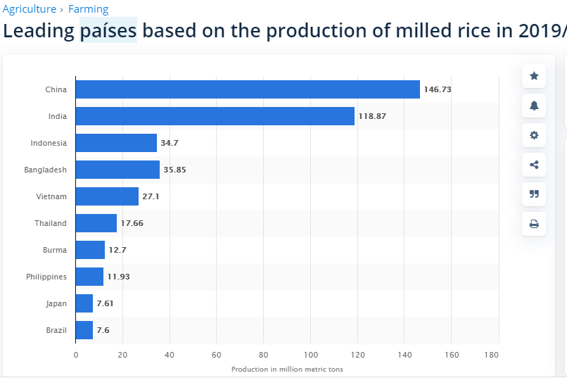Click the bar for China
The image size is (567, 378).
tap(248, 89)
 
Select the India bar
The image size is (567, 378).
tap(215, 116)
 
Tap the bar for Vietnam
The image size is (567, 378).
tap(107, 196)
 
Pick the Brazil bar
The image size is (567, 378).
tap(84, 330)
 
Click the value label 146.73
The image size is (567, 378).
tap(438, 89)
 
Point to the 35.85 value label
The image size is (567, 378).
tap(174, 170)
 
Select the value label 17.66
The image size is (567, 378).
tap(132, 223)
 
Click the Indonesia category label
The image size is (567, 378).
tap(49, 143)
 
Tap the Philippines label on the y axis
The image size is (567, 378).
tap(46, 277)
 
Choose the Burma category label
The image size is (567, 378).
tap(55, 250)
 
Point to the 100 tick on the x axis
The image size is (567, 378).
tap(311, 355)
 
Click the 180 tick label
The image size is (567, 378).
tap(492, 355)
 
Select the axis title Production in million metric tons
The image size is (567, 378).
tap(287, 370)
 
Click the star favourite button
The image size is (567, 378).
tap(534, 76)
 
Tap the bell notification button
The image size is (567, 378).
tap(534, 106)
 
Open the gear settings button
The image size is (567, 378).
tap(534, 135)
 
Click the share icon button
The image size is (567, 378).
tap(534, 165)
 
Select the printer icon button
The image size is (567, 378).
tap(534, 224)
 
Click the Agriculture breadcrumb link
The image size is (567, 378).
tap(30, 9)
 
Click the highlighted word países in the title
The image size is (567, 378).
tap(108, 30)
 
